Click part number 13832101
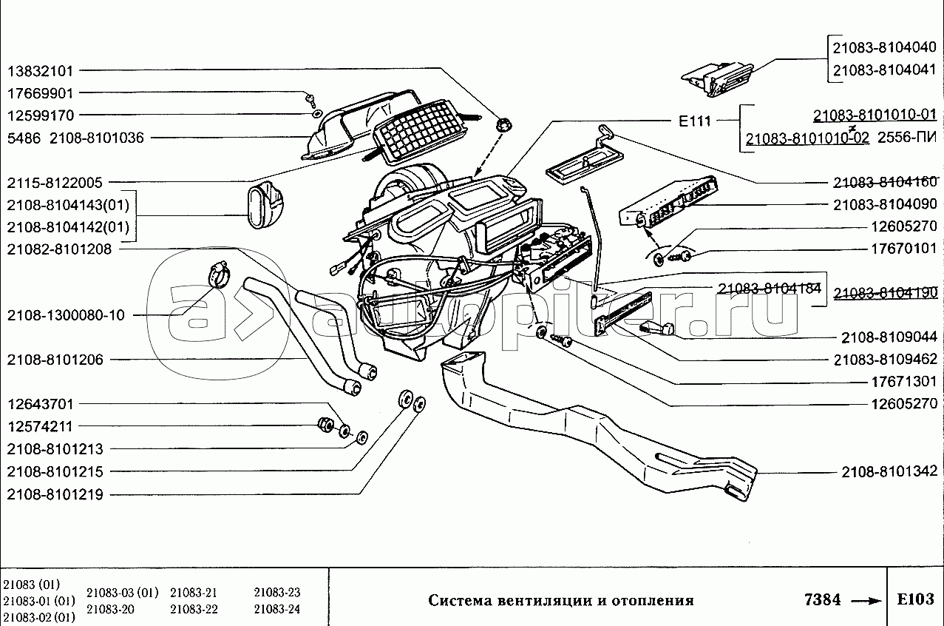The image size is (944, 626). pos(41,71)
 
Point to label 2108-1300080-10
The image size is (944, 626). pos(67,315)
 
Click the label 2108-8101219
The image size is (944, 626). pos(55,494)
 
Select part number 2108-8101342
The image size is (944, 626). pos(889,471)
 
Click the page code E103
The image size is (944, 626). pos(914,599)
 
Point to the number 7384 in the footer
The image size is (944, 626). pos(822,599)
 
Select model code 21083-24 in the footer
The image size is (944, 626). pos(276,609)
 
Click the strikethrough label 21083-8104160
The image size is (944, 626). pos(884,182)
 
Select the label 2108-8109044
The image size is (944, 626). pos(889,337)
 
